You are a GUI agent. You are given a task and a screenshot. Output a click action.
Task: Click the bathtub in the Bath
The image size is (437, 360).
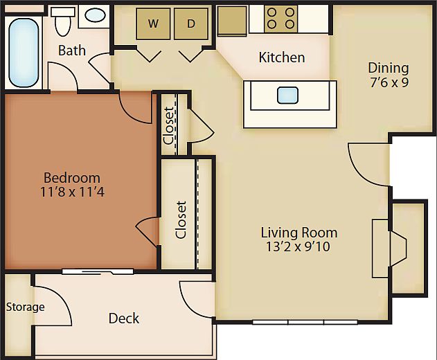[x=24, y=52]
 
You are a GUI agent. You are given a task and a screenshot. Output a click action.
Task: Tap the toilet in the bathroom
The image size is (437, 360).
[x=64, y=22]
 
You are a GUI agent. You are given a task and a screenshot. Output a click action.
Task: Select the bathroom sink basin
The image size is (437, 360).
[x=95, y=15]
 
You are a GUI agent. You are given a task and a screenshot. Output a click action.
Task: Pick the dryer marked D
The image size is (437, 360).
[x=190, y=24]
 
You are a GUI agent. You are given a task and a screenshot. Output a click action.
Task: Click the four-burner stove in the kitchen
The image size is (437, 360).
[x=281, y=18]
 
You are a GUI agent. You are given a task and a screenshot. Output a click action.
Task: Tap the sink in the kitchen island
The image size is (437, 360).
[x=287, y=95]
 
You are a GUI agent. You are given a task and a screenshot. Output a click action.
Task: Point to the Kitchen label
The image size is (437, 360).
[x=282, y=57]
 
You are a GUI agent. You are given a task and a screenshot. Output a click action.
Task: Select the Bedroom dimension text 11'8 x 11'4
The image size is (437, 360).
[x=71, y=192]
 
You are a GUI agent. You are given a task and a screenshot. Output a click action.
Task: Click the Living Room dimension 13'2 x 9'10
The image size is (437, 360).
[x=299, y=246]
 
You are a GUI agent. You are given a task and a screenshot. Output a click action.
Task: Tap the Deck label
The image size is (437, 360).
[x=124, y=318]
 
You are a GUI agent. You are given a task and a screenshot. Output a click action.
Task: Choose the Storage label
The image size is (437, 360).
[x=26, y=307]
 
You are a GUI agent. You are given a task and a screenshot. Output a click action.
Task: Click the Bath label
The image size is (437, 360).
[x=72, y=51]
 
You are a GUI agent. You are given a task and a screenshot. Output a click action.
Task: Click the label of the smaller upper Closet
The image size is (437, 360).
[x=169, y=124]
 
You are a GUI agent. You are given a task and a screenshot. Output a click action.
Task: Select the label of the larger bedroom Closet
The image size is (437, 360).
[x=181, y=219]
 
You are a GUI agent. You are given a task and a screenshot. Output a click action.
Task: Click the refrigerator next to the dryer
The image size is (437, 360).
[x=232, y=21]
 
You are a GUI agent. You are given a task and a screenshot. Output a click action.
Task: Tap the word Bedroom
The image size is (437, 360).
[x=71, y=178]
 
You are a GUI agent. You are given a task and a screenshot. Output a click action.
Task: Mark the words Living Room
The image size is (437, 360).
[x=299, y=233]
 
